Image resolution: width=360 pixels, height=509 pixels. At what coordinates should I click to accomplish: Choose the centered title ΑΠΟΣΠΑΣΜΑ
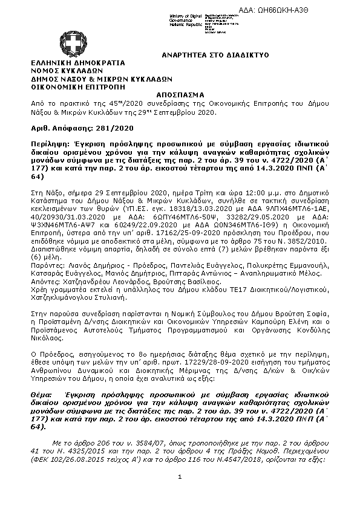pos(180,96)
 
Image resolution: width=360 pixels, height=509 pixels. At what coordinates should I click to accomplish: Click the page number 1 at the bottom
pos(180,476)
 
